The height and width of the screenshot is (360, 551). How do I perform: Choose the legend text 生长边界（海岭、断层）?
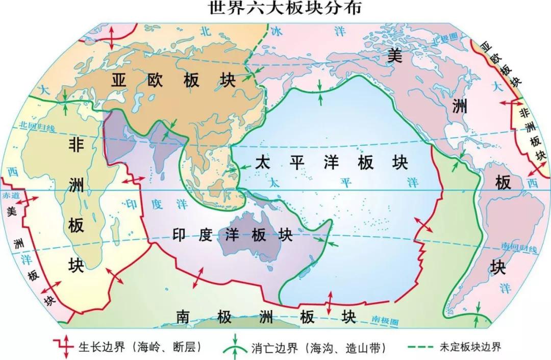click(x=140, y=347)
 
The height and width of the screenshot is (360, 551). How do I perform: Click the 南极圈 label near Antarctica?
click(x=384, y=320)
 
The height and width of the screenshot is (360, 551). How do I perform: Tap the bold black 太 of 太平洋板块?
click(x=262, y=163)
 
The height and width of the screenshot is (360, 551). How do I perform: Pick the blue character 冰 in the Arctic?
click(x=276, y=32)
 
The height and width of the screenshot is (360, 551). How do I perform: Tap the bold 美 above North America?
click(x=394, y=55)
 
